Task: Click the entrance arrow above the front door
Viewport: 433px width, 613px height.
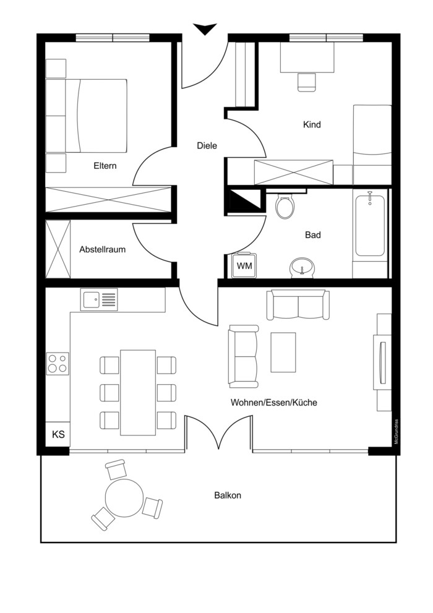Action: coord(205,29)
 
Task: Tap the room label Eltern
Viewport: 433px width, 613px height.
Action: coord(105,166)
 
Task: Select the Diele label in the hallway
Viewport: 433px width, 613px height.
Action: coord(207,146)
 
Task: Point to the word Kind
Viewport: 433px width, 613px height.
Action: coord(312,125)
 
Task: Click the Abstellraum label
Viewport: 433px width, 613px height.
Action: coord(103,249)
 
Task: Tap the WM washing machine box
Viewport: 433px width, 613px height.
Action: coord(244,266)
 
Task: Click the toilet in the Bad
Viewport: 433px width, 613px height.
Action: coord(284,205)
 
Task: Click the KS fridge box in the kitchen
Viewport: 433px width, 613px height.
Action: coord(58,434)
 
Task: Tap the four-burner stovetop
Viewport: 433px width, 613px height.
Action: coord(58,363)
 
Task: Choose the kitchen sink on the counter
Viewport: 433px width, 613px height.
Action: coord(99,300)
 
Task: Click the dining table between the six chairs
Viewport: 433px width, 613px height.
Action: coord(138,393)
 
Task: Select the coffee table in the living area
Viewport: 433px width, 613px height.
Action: coord(283,352)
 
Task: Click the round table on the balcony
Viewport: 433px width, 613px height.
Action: coord(124,498)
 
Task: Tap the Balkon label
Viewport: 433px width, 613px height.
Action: coord(228,495)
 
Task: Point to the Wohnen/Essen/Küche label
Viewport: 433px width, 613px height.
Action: coord(273,402)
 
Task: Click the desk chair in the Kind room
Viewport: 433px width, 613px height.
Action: coord(307,82)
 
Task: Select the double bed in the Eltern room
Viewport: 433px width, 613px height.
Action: coord(87,116)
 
